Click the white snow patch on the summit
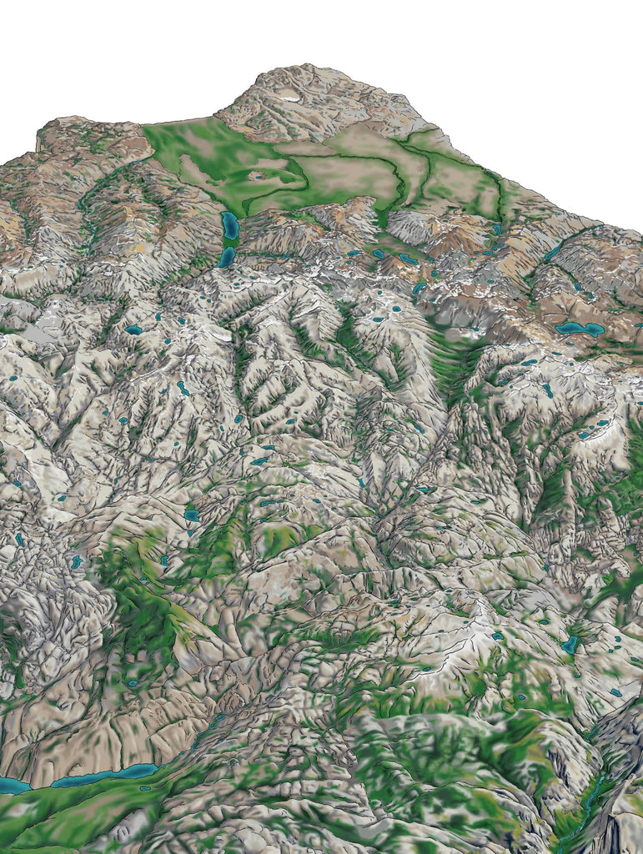(290, 96)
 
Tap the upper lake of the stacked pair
(230, 225)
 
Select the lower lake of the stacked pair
(227, 257)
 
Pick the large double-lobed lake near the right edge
(579, 329)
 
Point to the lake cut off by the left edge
(12, 785)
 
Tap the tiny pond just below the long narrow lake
(145, 788)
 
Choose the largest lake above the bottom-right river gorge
(570, 645)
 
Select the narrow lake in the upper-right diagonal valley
(553, 253)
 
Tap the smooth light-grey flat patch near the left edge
(25, 334)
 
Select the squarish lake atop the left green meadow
(192, 515)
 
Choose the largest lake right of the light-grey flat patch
(133, 329)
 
